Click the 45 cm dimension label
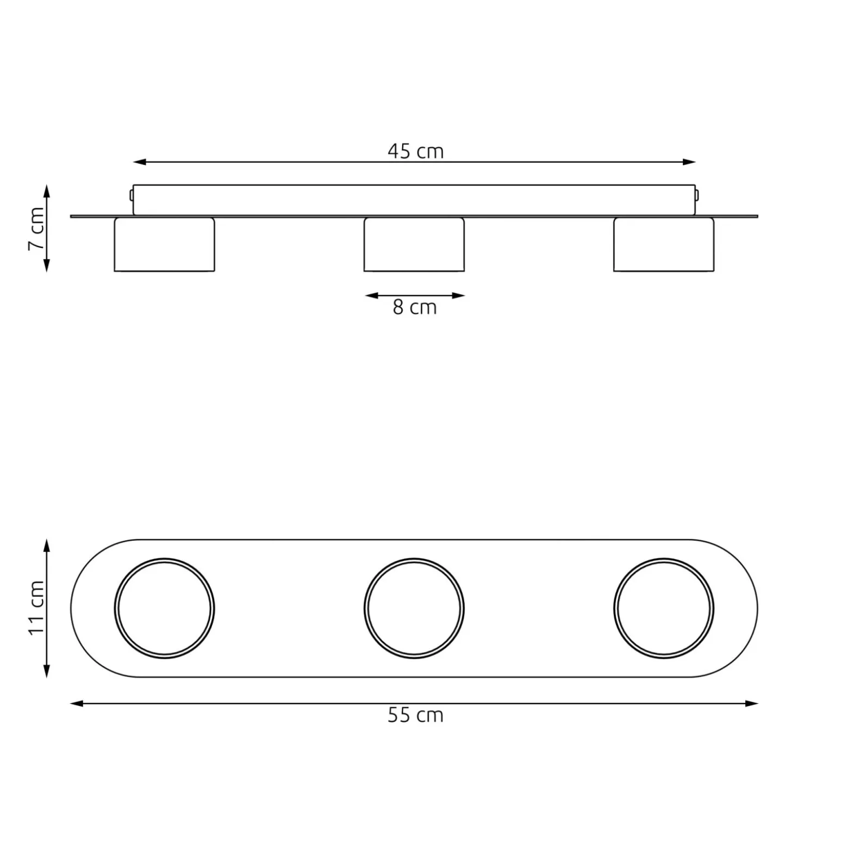pos(416,151)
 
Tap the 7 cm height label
pos(36,228)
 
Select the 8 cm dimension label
pos(415,307)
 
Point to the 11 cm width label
pos(36,607)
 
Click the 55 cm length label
pos(416,715)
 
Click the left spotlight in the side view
pos(164,245)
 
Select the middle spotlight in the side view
pos(414,245)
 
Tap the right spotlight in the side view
pos(664,245)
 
